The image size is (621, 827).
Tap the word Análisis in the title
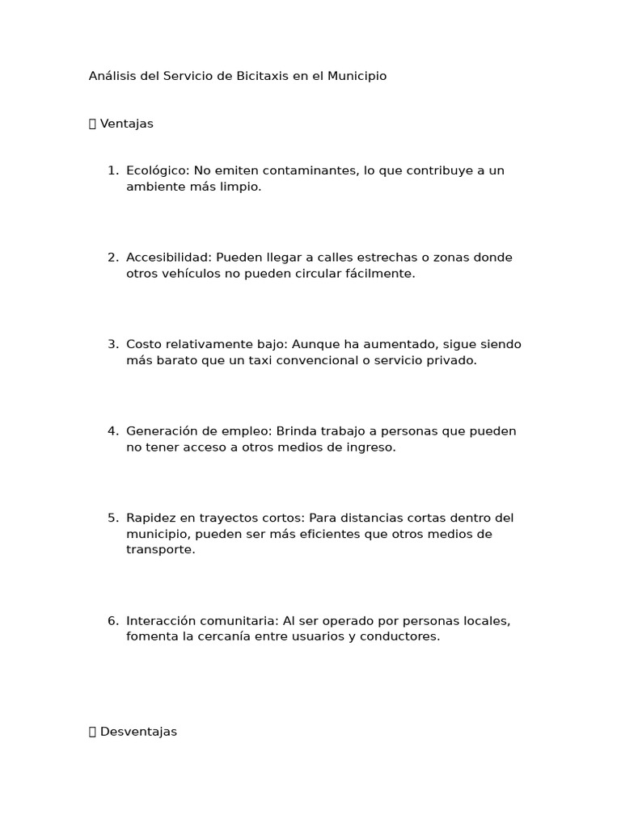[112, 76]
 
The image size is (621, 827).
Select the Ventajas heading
[126, 124]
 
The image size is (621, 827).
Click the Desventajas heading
[138, 732]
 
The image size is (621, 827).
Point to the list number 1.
[112, 171]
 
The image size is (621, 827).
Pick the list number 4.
[112, 431]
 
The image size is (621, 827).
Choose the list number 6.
[112, 621]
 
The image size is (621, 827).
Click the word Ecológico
[157, 171]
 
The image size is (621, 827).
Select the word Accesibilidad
[167, 258]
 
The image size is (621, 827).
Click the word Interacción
[161, 621]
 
